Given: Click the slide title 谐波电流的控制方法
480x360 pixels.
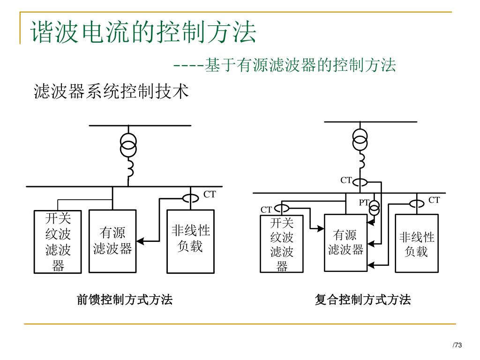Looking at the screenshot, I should [x=143, y=32].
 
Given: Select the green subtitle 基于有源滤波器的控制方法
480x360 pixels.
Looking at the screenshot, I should [x=300, y=65].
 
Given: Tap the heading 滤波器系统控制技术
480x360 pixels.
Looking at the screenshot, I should [x=111, y=91].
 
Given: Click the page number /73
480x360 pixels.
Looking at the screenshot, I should [x=457, y=345].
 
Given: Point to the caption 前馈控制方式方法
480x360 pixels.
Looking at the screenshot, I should [x=124, y=300].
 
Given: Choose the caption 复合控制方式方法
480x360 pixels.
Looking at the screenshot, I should [x=362, y=300].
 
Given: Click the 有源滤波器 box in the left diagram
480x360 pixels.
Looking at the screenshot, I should [x=112, y=241].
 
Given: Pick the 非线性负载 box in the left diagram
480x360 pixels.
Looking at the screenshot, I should [x=190, y=241].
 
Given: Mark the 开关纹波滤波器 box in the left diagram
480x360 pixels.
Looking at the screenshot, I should [x=58, y=242].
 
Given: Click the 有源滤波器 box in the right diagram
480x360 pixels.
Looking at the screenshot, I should [x=345, y=242].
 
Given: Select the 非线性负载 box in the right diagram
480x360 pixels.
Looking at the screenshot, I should [x=416, y=243].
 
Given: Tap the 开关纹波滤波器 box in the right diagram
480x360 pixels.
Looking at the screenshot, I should [x=282, y=244].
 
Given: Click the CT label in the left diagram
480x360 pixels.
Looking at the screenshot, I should [x=210, y=194].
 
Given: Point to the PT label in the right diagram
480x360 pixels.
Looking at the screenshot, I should [x=364, y=202].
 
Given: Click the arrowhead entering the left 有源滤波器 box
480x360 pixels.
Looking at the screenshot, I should [x=140, y=241].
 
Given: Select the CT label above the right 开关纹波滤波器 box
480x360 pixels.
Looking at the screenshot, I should [x=266, y=210].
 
